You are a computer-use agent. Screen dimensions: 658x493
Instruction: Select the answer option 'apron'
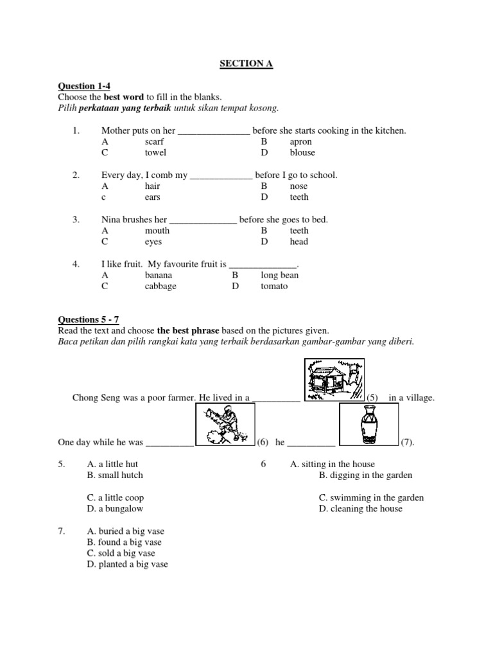[300, 141]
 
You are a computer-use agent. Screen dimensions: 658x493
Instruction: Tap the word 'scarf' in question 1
[154, 141]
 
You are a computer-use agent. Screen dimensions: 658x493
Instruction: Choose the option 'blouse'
[302, 152]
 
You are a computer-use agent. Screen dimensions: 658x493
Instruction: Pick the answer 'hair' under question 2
[152, 186]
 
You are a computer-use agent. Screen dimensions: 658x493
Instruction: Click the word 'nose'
[298, 186]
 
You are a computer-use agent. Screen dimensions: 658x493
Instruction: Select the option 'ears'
[152, 197]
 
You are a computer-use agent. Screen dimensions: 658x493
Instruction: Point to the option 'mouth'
[157, 231]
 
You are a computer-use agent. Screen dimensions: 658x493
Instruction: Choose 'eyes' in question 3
[153, 242]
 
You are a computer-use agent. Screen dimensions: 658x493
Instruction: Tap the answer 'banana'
[159, 275]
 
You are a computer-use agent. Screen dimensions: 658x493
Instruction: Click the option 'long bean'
[280, 275]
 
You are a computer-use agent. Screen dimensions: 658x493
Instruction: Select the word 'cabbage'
[160, 286]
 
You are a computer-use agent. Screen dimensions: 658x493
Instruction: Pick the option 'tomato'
[274, 286]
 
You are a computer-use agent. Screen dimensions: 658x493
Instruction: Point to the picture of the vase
[369, 426]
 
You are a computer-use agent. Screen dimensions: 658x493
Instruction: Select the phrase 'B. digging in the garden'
[365, 476]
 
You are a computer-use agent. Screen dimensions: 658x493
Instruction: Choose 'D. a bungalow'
[115, 508]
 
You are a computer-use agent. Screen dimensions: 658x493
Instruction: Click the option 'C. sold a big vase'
[121, 553]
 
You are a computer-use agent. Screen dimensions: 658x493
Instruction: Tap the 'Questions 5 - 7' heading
[89, 319]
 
